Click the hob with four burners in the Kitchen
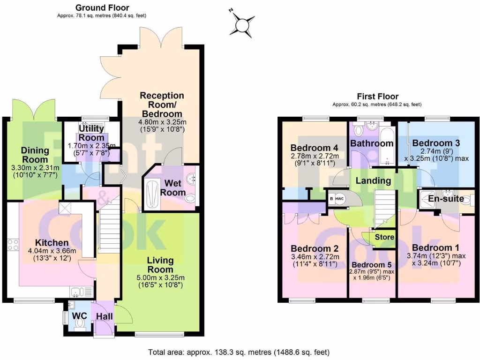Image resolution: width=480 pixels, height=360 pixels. click(x=13, y=245)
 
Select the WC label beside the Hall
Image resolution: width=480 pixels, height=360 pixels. click(x=80, y=316)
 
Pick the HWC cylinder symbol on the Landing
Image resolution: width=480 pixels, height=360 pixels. click(x=340, y=198)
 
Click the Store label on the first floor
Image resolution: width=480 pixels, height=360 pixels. click(x=384, y=237)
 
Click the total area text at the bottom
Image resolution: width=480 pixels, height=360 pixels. click(x=239, y=352)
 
